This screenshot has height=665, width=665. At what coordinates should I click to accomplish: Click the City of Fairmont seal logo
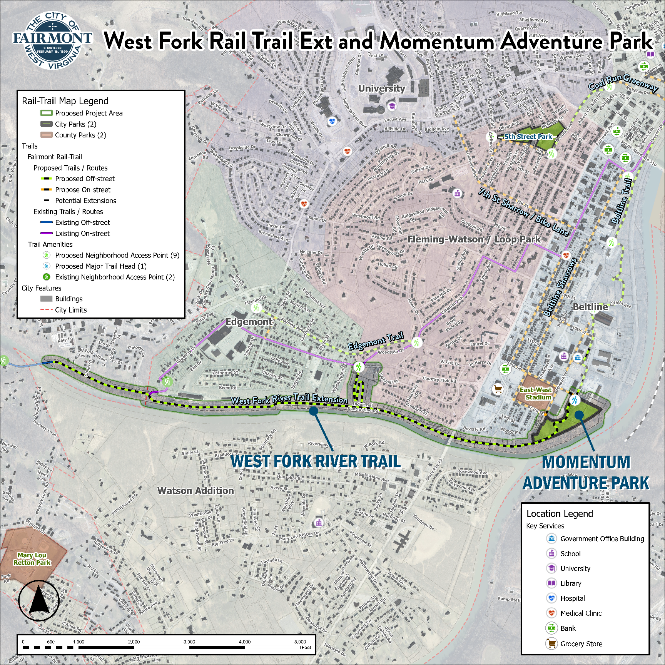53,40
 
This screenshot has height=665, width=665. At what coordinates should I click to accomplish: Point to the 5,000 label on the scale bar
300,642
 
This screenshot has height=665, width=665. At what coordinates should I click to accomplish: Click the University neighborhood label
381,89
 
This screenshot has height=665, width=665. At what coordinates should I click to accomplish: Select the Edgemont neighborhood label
249,322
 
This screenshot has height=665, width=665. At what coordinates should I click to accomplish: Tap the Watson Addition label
195,491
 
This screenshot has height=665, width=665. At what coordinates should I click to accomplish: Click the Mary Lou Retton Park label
32,559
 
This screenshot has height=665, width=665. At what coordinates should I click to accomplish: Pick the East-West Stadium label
536,394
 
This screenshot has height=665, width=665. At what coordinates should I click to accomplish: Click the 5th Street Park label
528,137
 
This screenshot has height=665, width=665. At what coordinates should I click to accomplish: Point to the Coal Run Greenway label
623,83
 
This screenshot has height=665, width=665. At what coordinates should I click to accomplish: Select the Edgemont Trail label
376,341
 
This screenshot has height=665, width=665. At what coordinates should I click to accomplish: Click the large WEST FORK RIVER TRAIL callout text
315,461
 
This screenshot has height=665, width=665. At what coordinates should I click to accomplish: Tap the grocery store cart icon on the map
498,389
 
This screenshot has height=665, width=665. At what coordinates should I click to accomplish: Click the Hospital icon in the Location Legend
551,598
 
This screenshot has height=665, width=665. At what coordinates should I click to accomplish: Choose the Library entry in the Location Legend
570,583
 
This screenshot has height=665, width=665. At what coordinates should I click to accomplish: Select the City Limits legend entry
70,310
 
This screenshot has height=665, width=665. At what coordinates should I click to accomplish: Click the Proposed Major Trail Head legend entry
100,266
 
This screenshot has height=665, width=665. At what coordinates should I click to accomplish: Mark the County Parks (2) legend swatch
47,135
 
